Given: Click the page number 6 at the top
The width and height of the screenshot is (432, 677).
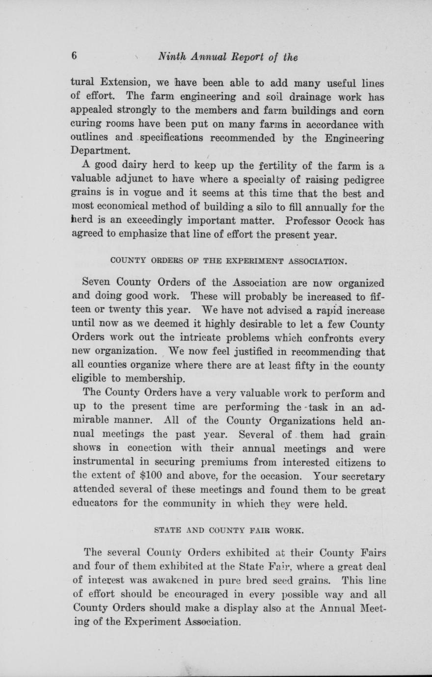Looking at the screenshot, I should pyautogui.click(x=75, y=56).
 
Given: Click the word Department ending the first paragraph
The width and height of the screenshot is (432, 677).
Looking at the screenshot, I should pyautogui.click(x=101, y=150).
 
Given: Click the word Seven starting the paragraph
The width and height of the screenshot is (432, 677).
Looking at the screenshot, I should pyautogui.click(x=98, y=283).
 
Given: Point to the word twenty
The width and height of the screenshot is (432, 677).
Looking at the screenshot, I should pyautogui.click(x=135, y=311).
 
